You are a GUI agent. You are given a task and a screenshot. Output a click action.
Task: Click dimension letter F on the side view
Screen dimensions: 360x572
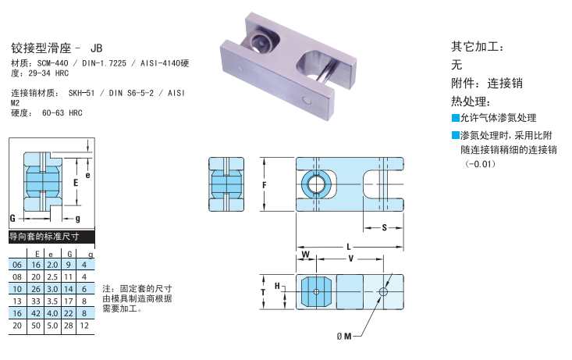[x=265, y=185]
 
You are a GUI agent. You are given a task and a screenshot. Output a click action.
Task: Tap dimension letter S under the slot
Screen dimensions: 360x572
[x=384, y=227]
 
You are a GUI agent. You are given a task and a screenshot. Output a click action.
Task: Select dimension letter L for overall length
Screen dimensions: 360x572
[x=348, y=247]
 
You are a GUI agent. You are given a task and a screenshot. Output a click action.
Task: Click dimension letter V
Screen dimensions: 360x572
[x=350, y=257]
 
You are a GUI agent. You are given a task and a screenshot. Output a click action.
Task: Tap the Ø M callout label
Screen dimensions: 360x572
[x=344, y=336]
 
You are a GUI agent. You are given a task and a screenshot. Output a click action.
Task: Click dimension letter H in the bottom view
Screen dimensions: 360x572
[x=277, y=287]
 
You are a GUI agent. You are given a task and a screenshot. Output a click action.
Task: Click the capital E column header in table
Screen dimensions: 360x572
[x=37, y=254]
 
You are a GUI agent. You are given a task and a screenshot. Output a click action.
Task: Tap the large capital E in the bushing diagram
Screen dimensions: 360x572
[x=75, y=183]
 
